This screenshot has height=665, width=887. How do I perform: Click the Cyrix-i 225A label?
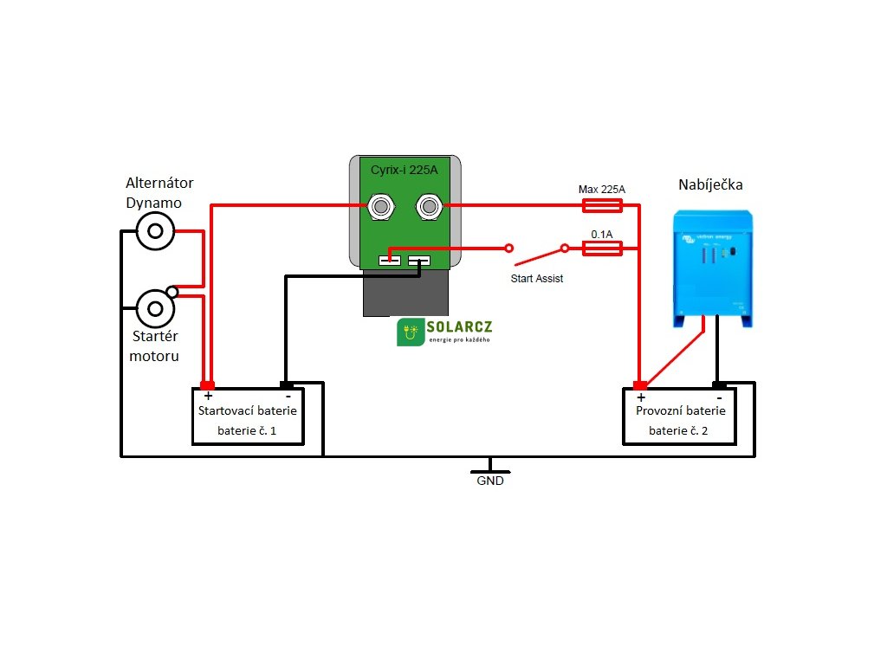pyautogui.click(x=405, y=171)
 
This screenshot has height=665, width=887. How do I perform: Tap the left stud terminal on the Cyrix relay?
pyautogui.click(x=380, y=206)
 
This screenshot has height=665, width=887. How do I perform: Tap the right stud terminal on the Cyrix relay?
pyautogui.click(x=428, y=206)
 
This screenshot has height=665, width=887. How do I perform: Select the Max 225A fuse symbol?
pyautogui.click(x=601, y=205)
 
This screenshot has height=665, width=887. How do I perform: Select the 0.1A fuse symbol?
pyautogui.click(x=601, y=249)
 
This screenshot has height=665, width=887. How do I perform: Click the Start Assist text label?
pyautogui.click(x=537, y=279)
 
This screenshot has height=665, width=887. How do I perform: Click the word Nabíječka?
pyautogui.click(x=711, y=185)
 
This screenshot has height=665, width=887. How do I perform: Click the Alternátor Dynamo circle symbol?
pyautogui.click(x=156, y=230)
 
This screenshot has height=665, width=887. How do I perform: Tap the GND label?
pyautogui.click(x=490, y=481)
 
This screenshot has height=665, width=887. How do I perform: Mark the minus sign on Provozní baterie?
pyautogui.click(x=719, y=397)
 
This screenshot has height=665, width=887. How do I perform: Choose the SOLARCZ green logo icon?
pyautogui.click(x=411, y=332)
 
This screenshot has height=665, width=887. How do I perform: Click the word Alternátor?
pyautogui.click(x=159, y=183)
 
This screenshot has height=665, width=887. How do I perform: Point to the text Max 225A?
pyautogui.click(x=601, y=189)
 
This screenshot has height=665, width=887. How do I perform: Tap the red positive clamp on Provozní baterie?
pyautogui.click(x=640, y=384)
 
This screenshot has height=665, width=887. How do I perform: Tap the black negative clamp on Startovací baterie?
pyautogui.click(x=286, y=384)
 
